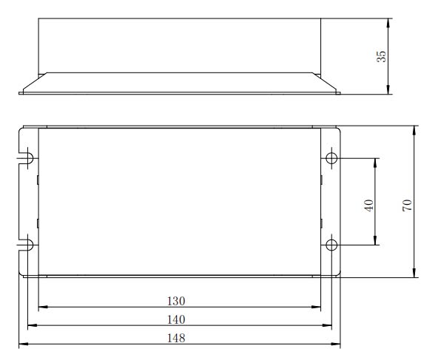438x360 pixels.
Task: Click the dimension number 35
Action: [x=381, y=56]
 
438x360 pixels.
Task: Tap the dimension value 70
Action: [x=407, y=205]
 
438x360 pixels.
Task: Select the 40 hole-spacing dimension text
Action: [x=368, y=206]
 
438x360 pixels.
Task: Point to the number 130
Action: [x=176, y=301]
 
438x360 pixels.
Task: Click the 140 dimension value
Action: [x=176, y=319]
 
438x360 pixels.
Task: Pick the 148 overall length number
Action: [x=176, y=339]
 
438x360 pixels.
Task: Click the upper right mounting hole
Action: [x=331, y=158]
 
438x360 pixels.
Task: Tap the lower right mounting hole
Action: [x=331, y=245]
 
